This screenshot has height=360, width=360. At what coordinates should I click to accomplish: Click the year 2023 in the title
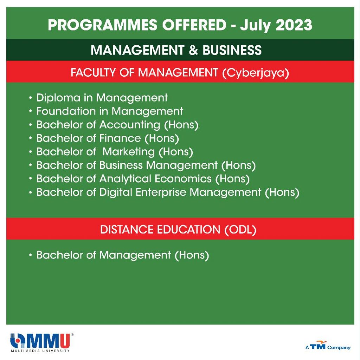pos(294,25)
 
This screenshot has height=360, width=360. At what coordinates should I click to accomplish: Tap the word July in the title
pos(256,26)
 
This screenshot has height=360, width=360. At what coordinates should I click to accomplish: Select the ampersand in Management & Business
pos(193,50)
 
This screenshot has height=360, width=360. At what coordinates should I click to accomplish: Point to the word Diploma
pos(58,98)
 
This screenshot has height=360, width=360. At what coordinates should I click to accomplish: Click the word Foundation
pos(66,111)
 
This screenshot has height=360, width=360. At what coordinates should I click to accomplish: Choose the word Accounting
pos(130,125)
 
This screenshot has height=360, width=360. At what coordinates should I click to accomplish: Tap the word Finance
pos(120,138)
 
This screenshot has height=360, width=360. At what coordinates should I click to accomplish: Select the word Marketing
pos(129,152)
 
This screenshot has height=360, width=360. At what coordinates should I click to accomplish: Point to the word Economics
pos(183,179)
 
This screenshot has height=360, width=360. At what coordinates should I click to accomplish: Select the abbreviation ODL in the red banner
pos(240,230)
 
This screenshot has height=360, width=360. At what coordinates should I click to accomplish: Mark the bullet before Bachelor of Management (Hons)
pos(30,255)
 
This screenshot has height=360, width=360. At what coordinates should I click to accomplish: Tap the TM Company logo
pos(328,346)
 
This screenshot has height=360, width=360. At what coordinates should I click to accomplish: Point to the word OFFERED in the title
pos(194,25)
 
